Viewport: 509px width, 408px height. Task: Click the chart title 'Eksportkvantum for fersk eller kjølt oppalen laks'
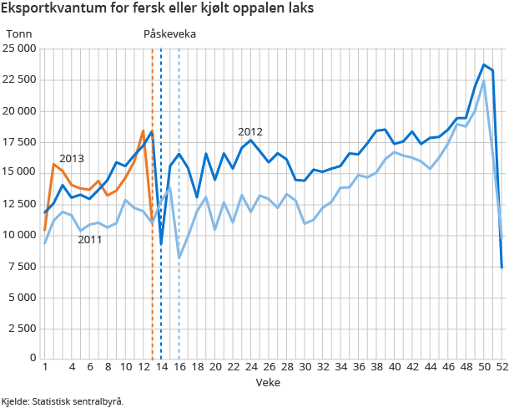pyautogui.click(x=159, y=9)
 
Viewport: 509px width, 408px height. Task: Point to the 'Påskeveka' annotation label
pyautogui.click(x=170, y=33)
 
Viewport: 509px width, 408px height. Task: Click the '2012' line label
pyautogui.click(x=250, y=131)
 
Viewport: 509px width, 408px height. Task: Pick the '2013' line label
pyautogui.click(x=71, y=159)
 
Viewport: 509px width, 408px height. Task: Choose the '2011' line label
pyautogui.click(x=90, y=240)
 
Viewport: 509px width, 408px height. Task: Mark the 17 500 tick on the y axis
pyautogui.click(x=19, y=141)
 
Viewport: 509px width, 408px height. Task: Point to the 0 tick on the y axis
pyautogui.click(x=32, y=358)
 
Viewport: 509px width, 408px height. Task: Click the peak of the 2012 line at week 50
pyautogui.click(x=484, y=64)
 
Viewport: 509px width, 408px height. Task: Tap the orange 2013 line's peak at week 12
pyautogui.click(x=143, y=130)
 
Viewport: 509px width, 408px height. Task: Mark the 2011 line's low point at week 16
pyautogui.click(x=179, y=258)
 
